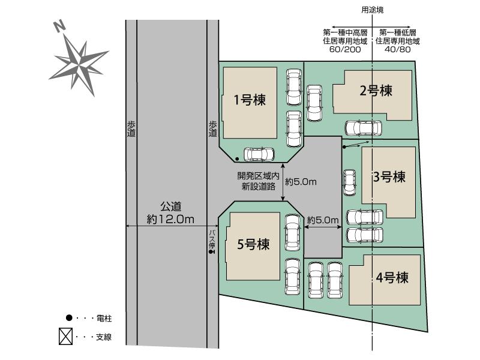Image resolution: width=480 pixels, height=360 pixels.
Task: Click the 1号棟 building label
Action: click(250, 100)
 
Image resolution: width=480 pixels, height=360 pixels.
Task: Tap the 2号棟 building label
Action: click(376, 91)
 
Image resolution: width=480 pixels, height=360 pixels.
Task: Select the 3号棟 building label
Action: click(389, 176)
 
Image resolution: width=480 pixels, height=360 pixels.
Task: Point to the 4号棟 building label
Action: click(392, 278)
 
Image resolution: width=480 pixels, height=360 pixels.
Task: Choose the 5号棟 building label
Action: click(253, 244)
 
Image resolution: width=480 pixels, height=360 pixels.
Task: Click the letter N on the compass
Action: click(59, 26)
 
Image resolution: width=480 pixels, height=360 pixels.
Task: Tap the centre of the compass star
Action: click(79, 64)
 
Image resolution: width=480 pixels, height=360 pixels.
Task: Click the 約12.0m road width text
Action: click(170, 219)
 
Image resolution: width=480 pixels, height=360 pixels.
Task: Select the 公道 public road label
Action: click(171, 206)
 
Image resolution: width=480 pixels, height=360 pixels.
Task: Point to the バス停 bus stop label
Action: click(212, 239)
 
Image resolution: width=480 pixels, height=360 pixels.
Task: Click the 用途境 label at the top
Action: click(372, 10)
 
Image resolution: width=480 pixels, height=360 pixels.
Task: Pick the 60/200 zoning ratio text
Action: click(345, 49)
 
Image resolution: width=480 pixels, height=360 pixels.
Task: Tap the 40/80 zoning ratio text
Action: click(397, 49)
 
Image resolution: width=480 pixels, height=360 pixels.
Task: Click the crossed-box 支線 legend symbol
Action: click(65, 336)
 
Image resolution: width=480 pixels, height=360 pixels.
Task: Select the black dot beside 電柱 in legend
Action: click(69, 318)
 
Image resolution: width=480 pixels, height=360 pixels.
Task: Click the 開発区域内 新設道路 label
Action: click(259, 181)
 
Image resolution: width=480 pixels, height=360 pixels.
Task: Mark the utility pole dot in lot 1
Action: click(237, 159)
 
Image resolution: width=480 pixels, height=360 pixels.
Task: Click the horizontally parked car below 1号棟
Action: click(259, 154)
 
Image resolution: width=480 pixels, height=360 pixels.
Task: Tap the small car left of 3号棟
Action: click(349, 183)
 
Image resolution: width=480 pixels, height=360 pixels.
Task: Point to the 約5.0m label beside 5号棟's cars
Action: click(323, 220)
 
